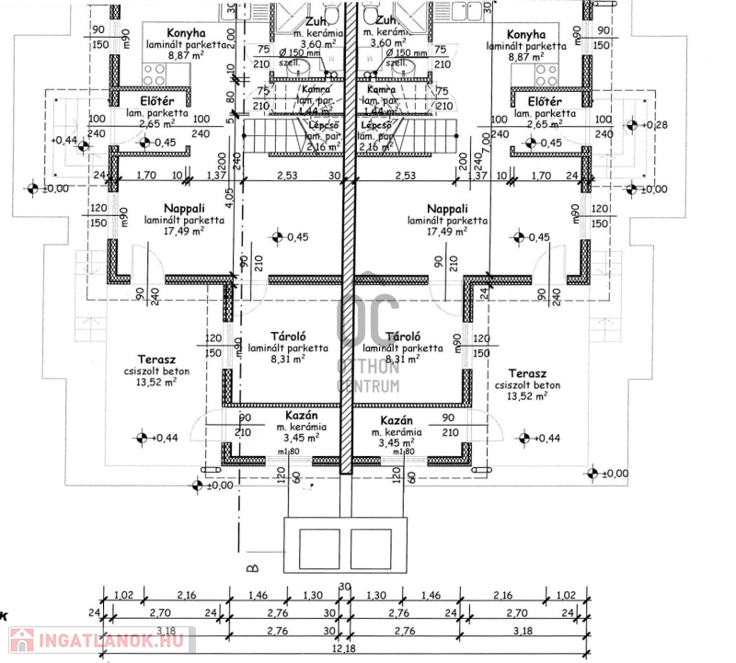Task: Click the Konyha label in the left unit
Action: [187, 31]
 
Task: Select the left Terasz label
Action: [157, 360]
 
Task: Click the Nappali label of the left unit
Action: [183, 209]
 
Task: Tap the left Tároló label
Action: [287, 337]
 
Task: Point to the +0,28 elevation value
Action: [657, 125]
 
